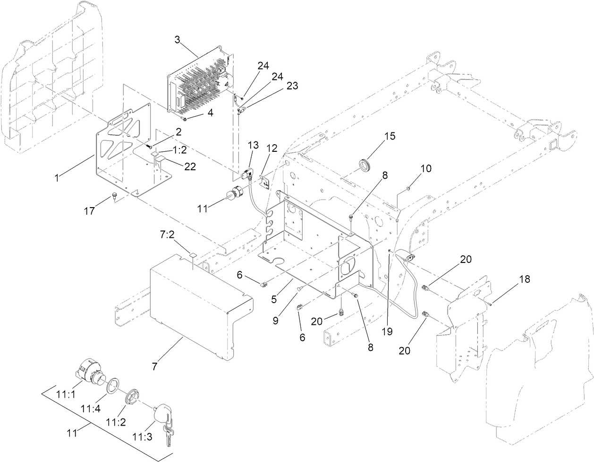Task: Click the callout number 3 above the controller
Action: [177, 40]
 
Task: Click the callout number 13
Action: [254, 144]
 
